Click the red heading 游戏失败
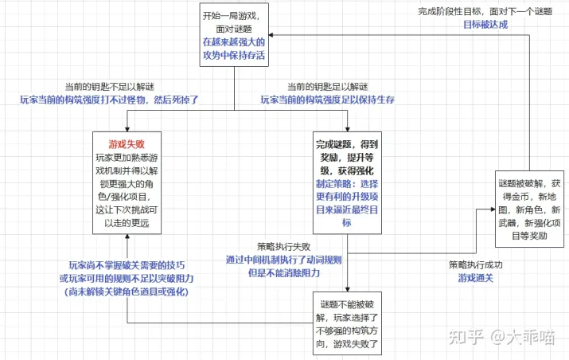coord(127,145)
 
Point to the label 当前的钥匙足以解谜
coord(328,87)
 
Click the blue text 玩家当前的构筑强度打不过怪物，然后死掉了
coord(109,100)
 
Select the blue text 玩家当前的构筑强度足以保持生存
coord(328,100)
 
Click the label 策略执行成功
coord(475,264)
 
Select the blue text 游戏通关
coord(475,278)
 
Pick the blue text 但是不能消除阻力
coord(280,272)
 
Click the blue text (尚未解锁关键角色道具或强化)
coord(129,292)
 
